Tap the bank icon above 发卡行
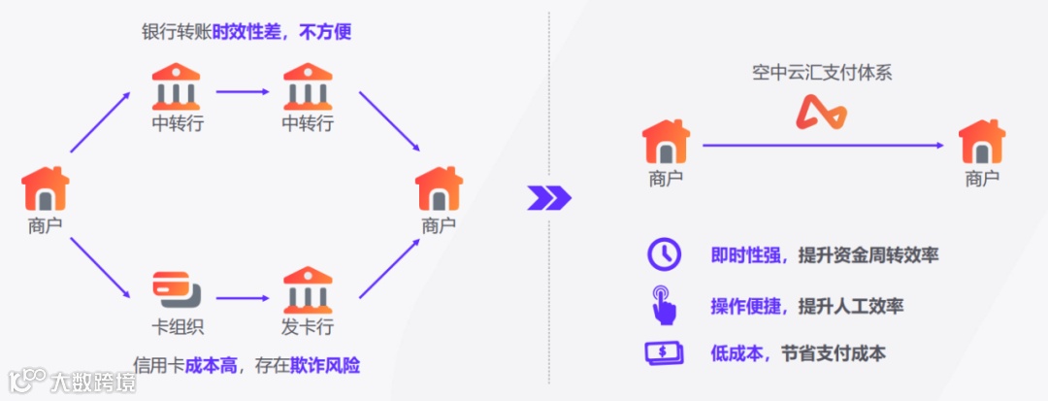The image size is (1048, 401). pyautogui.click(x=308, y=289)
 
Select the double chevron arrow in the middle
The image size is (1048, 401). pyautogui.click(x=548, y=198)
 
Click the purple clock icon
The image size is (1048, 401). pyautogui.click(x=665, y=254)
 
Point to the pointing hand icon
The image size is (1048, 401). pyautogui.click(x=665, y=304)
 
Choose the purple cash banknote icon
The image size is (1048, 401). pyautogui.click(x=665, y=353)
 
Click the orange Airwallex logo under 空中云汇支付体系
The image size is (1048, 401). pyautogui.click(x=821, y=114)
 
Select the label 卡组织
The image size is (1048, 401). pyautogui.click(x=178, y=327)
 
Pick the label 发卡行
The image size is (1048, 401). pyautogui.click(x=308, y=327)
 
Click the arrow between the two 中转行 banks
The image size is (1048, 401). pyautogui.click(x=243, y=92)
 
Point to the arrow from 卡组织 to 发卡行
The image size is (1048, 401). pyautogui.click(x=243, y=298)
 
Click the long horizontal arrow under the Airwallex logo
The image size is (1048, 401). pyautogui.click(x=823, y=146)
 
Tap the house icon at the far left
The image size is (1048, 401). pyautogui.click(x=46, y=189)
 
